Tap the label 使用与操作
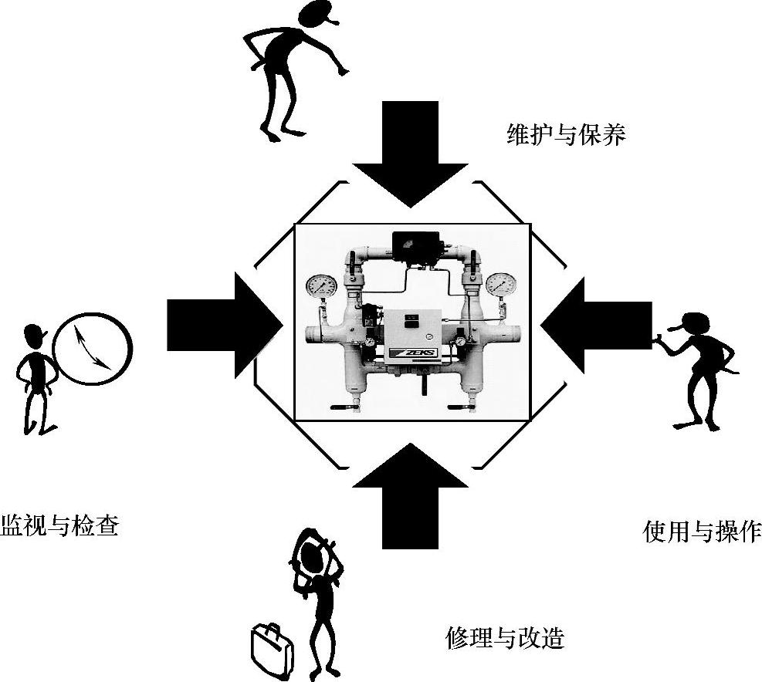point(702,532)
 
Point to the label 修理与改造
point(505,637)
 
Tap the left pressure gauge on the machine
point(321,285)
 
